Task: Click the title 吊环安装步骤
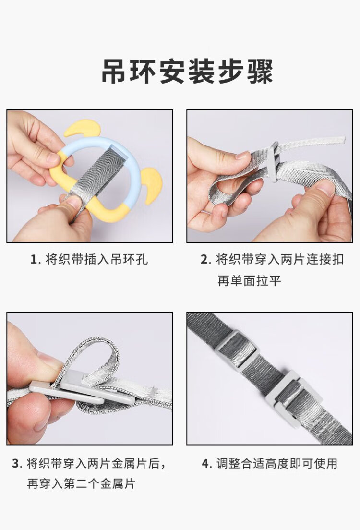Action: pos(187,72)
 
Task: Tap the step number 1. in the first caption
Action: pos(36,260)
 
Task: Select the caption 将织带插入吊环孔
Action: pos(96,260)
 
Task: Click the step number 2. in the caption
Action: pos(206,260)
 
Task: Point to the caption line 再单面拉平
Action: pos(249,280)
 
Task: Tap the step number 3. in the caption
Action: pos(17,463)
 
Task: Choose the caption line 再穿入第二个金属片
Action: pos(81,484)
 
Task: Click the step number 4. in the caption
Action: pos(206,463)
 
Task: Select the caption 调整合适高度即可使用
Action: pos(277,463)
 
